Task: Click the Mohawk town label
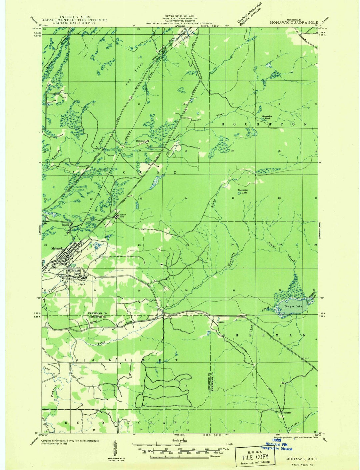pos(57,249)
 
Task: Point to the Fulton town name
pos(82,280)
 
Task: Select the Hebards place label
pos(220,322)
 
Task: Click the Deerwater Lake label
pos(243,191)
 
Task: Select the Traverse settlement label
pos(286,412)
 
